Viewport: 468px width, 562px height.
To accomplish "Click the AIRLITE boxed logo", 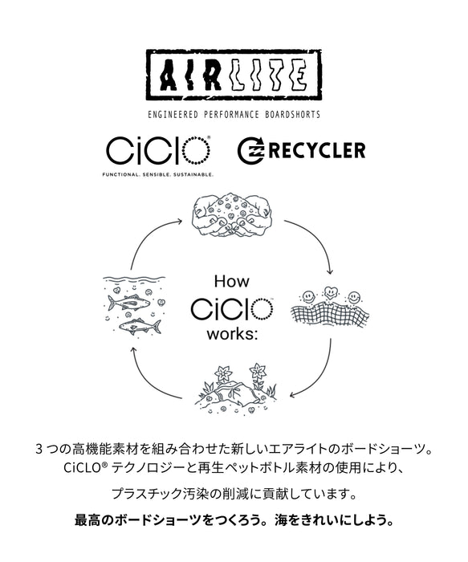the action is tap(234, 75).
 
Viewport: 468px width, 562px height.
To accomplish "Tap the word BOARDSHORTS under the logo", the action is tap(292, 115).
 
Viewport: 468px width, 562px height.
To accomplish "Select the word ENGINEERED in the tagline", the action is tap(173, 115).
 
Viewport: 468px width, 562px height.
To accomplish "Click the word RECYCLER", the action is tap(317, 150).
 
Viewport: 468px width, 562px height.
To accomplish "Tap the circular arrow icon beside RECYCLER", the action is tap(250, 151).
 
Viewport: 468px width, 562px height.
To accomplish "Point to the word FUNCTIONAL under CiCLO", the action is tap(120, 175).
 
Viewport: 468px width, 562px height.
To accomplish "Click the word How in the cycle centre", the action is tap(231, 281).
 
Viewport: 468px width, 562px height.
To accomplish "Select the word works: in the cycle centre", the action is tap(232, 334).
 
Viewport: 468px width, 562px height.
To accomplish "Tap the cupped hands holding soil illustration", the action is tap(232, 215).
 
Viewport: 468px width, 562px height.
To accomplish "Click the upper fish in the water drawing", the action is tap(128, 303).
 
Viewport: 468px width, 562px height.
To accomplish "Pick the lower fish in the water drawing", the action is tap(140, 326).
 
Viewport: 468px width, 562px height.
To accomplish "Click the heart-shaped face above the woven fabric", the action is tap(330, 292).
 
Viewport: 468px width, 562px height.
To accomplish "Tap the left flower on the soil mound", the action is tap(224, 374).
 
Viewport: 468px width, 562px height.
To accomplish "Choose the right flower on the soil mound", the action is tap(258, 372).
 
